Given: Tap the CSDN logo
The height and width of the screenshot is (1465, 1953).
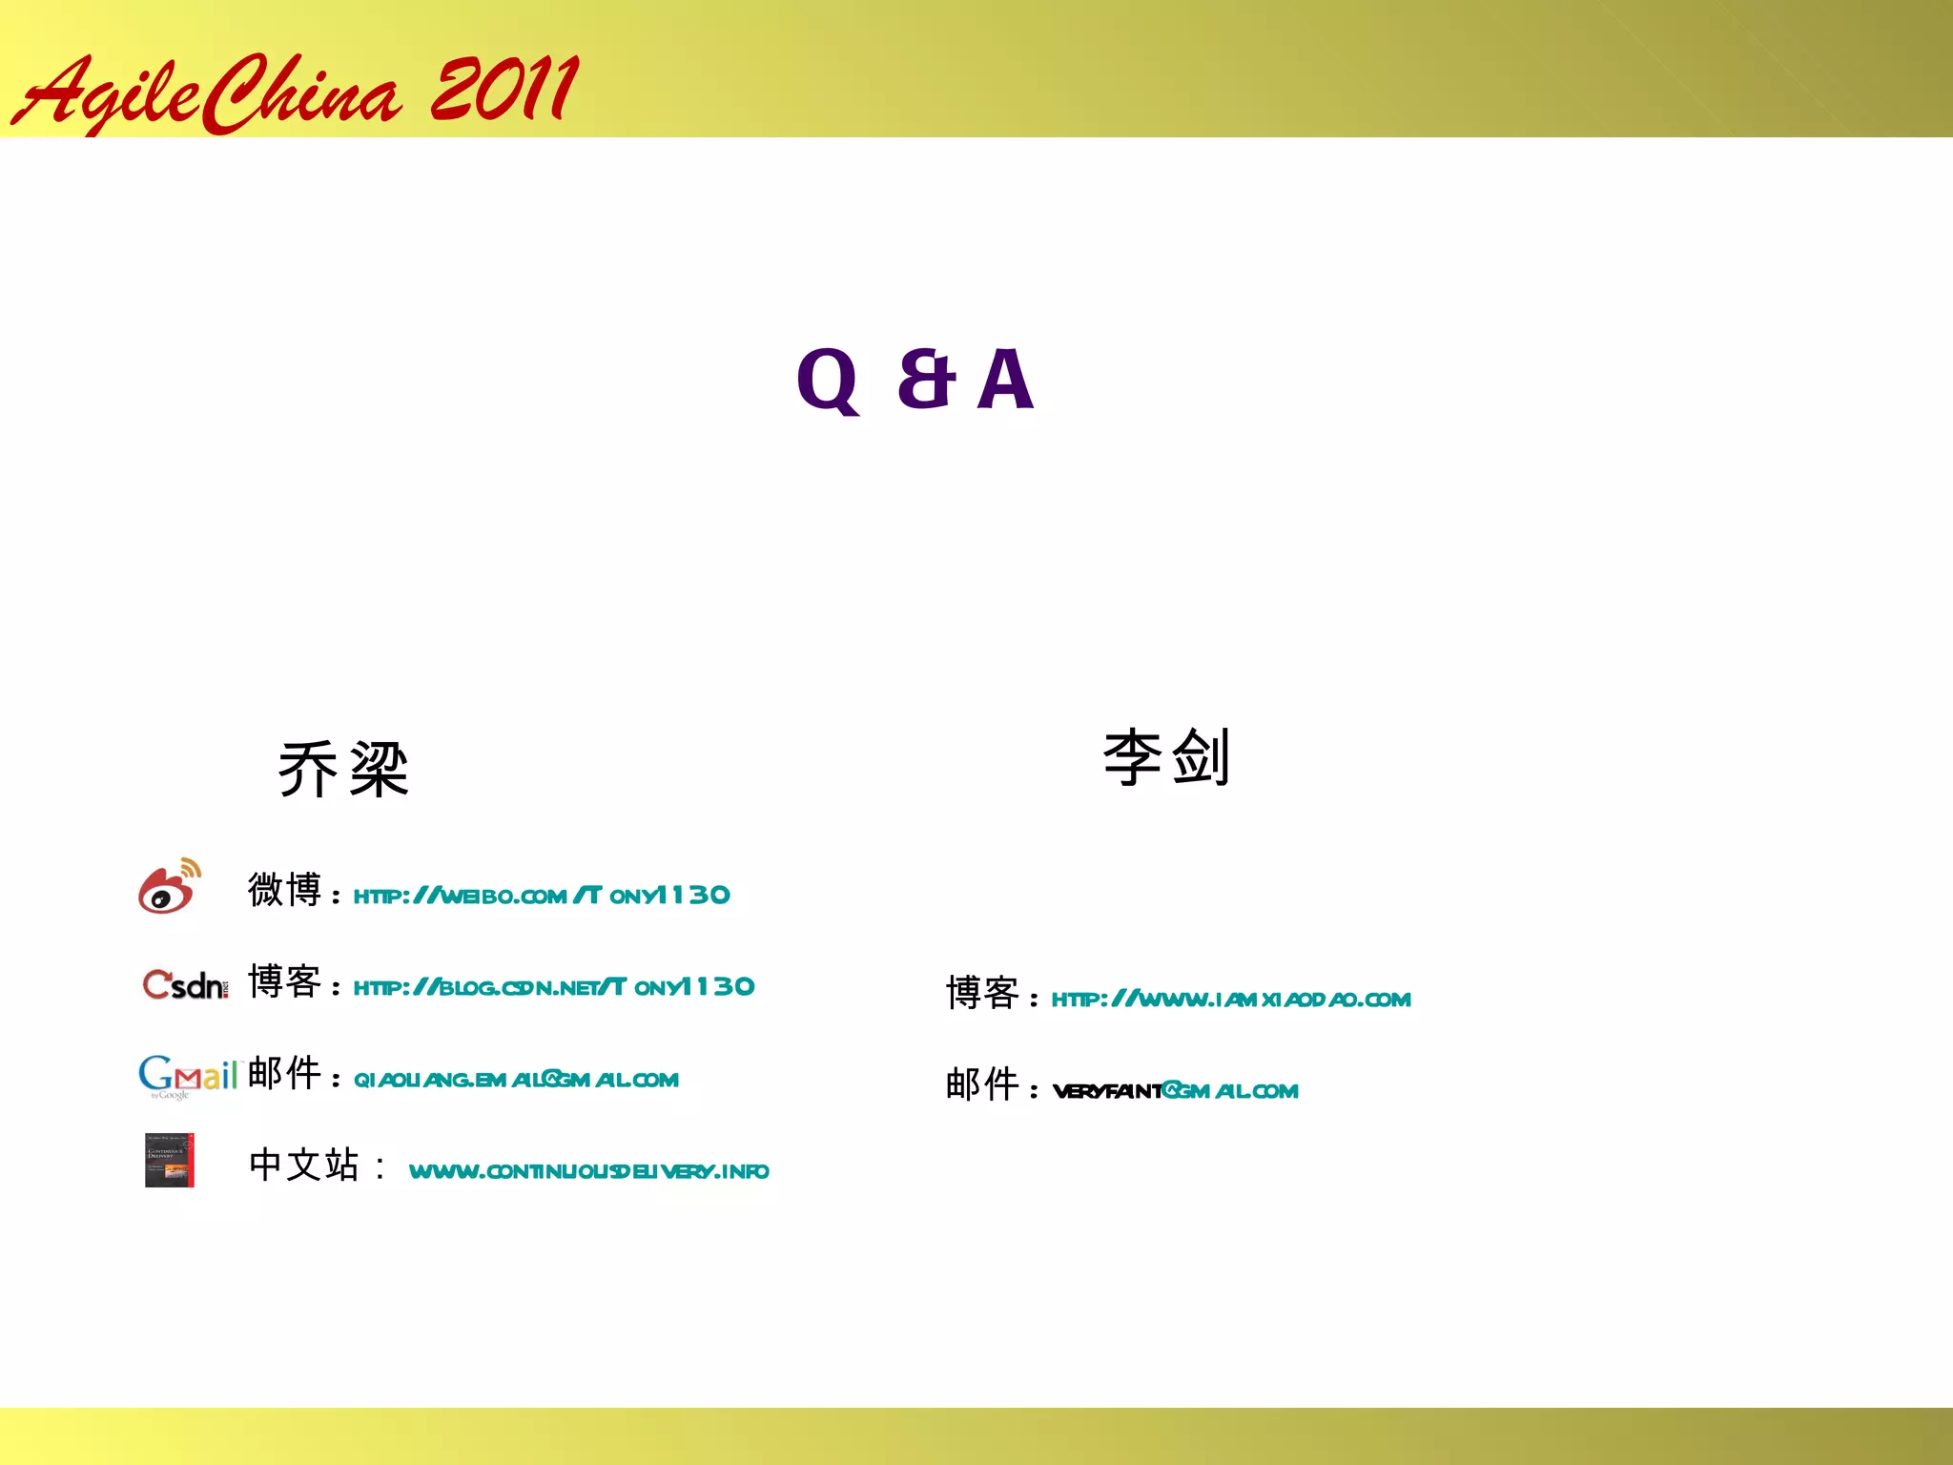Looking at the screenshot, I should point(185,984).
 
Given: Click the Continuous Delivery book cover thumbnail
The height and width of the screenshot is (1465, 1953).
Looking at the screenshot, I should point(170,1160).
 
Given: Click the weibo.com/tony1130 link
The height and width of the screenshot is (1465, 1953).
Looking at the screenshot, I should point(541,896).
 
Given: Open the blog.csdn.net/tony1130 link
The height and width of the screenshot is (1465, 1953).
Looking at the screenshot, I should point(553,987).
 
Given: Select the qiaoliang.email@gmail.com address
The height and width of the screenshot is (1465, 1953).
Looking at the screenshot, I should point(516,1080).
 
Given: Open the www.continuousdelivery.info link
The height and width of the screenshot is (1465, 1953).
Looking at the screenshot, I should point(588,1171).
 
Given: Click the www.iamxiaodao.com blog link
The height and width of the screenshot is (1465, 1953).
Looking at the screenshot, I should point(1230,1000).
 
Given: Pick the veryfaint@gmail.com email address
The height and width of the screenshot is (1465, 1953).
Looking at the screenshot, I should point(1175,1091).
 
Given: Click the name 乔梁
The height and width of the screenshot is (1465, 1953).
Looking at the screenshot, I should point(343,769).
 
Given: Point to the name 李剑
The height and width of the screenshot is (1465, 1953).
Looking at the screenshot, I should point(1166,757).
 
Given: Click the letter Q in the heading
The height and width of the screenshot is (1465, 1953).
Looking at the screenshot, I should point(828,381).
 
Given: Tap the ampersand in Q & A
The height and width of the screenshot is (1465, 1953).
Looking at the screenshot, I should point(925,379).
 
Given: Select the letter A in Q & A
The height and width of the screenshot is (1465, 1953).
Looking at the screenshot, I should point(1005,380).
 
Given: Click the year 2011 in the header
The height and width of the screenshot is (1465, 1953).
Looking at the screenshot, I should point(504,90).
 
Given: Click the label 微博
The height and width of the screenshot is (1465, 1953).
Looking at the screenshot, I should point(284,890).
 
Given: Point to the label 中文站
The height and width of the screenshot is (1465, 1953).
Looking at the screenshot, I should point(303,1166).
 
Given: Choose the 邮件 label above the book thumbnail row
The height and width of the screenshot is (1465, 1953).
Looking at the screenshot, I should point(284,1074).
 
